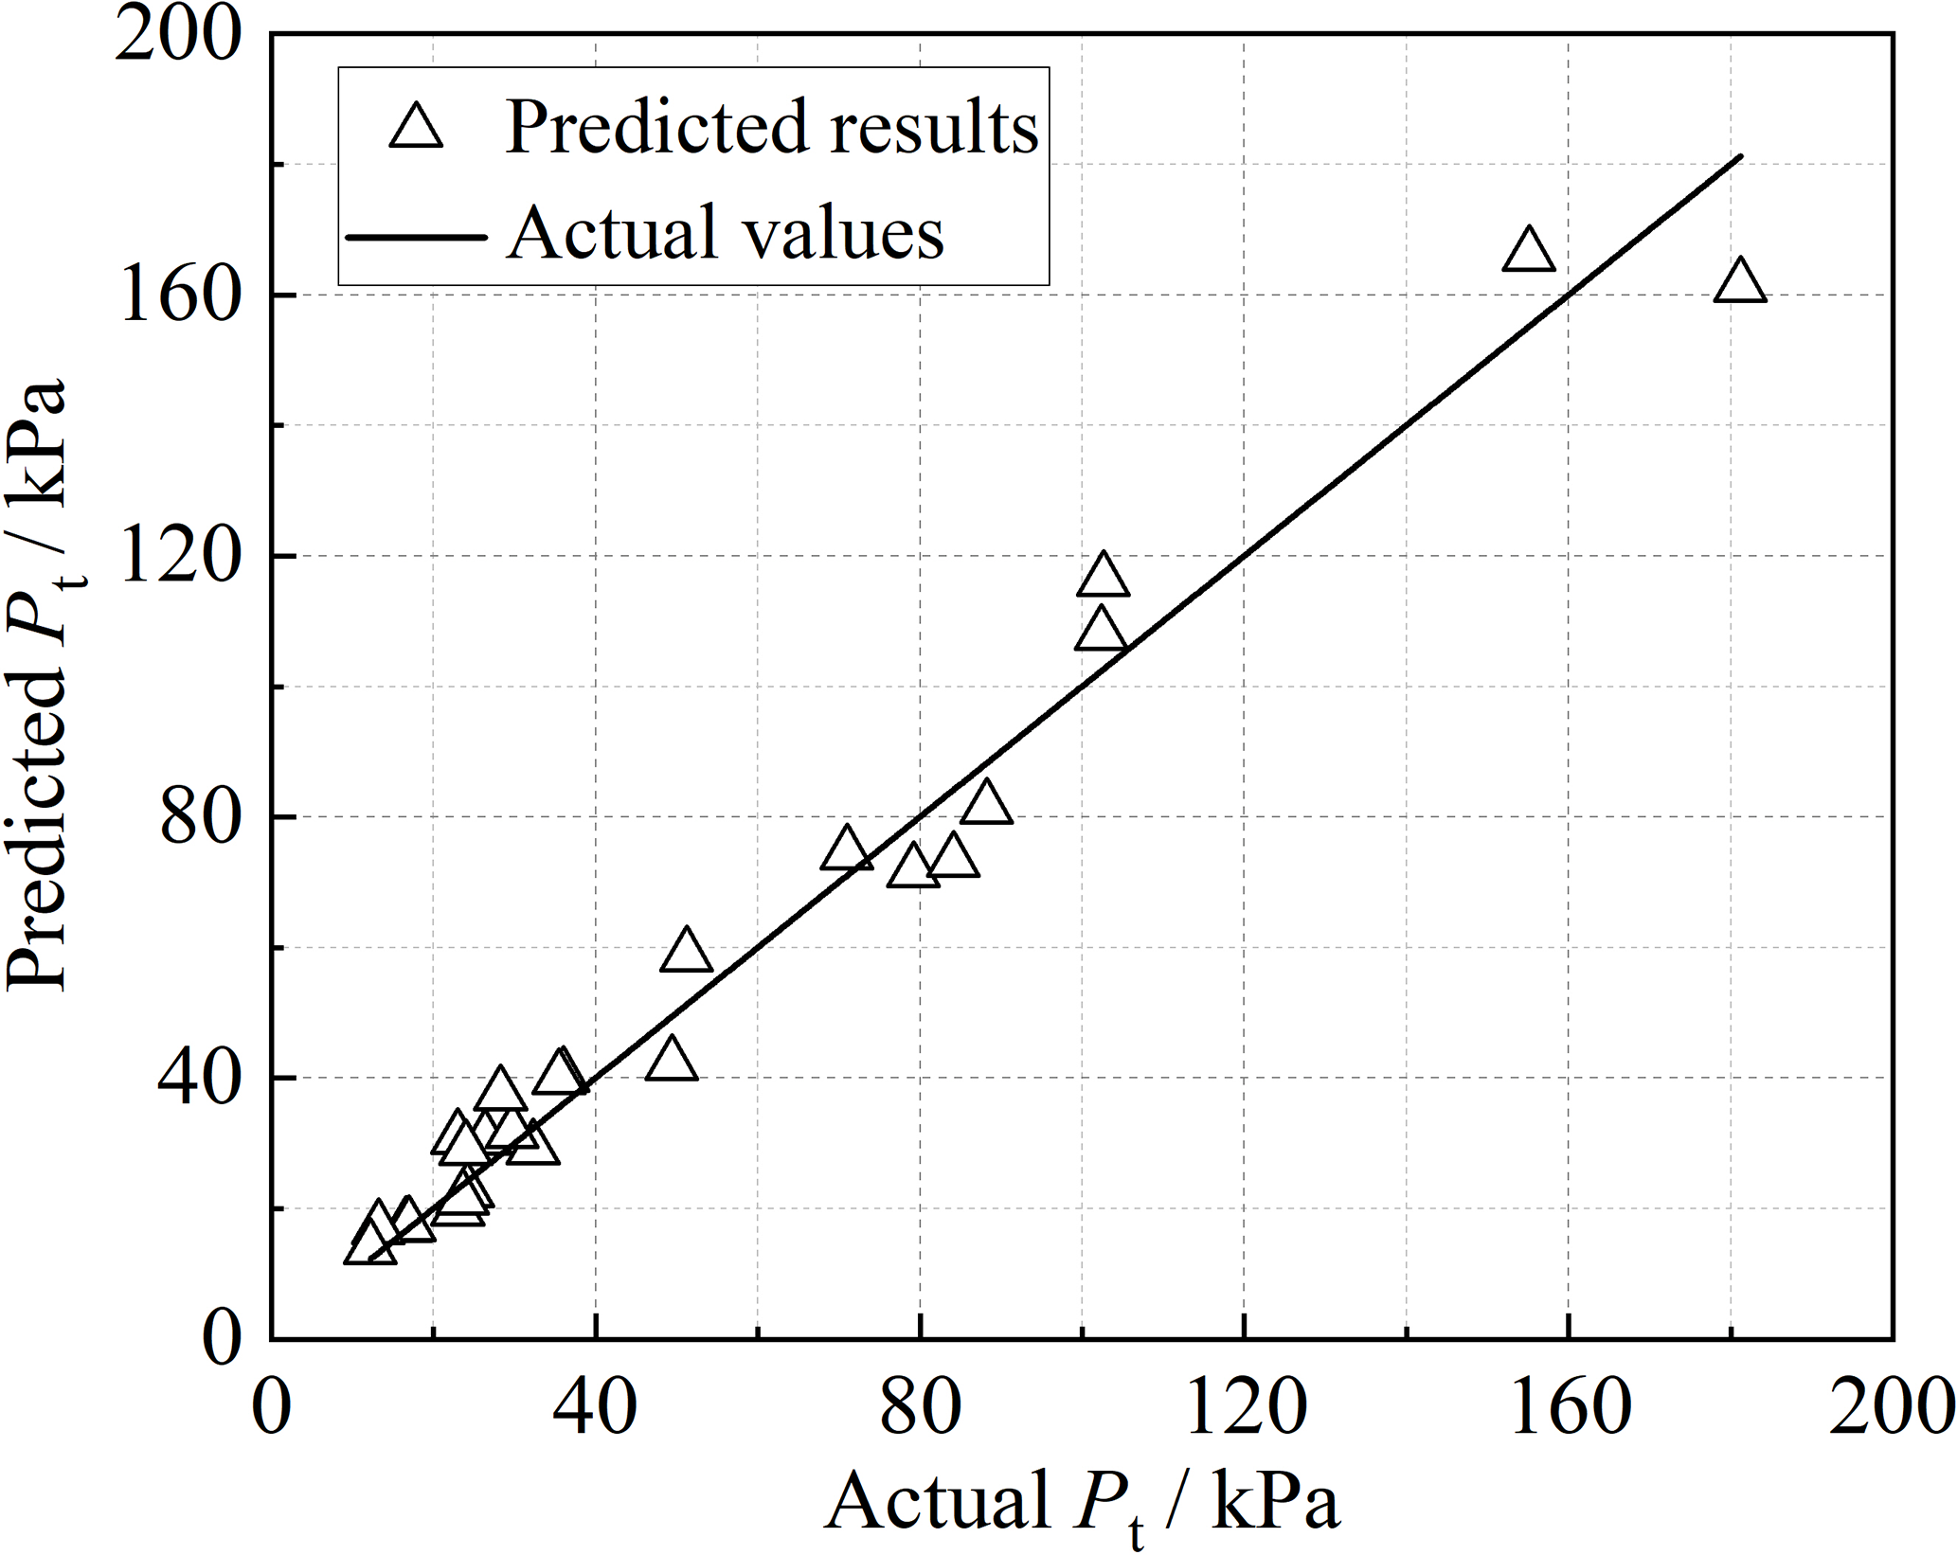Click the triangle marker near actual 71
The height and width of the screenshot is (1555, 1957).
[847, 849]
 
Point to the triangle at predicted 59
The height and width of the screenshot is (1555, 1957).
[686, 952]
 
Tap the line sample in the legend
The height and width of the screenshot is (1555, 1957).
[416, 235]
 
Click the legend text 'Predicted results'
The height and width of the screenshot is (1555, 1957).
[771, 127]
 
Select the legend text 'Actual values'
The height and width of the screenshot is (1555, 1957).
[726, 233]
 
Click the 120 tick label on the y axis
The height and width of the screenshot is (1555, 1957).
[176, 557]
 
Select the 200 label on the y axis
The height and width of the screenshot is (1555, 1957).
[176, 38]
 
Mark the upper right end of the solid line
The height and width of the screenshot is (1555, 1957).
[1741, 155]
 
